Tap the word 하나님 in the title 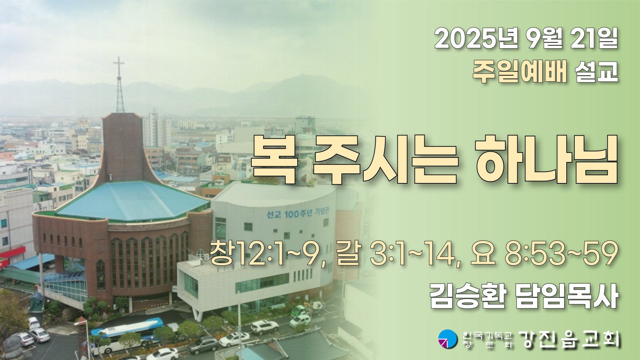(x=547, y=160)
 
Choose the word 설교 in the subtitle (x=597, y=72)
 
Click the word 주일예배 (x=520, y=72)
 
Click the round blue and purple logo (x=448, y=339)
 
